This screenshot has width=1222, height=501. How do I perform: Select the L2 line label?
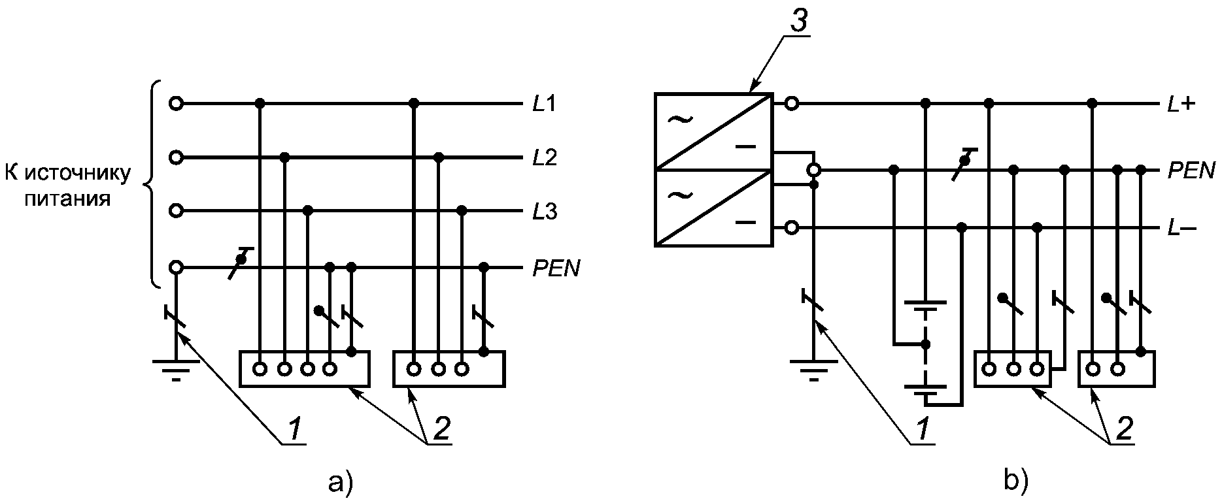tap(544, 158)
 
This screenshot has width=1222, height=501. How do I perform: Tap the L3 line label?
tap(544, 212)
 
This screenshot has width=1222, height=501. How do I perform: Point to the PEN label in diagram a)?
tap(556, 268)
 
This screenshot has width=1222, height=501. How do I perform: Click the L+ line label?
tap(1181, 104)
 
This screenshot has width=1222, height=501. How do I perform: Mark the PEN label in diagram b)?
tap(1191, 171)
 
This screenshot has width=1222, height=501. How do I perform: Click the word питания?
tap(67, 198)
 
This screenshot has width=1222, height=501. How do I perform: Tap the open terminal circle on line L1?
tap(175, 103)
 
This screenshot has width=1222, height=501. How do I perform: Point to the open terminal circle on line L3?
tap(175, 211)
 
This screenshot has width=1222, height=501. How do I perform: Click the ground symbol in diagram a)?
tap(176, 369)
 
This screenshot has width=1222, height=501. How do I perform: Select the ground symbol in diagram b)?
tap(813, 369)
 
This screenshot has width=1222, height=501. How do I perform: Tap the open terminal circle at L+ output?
tap(791, 103)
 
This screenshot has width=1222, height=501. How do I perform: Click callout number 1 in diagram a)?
tap(295, 428)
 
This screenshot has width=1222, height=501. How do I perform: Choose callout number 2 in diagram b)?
tap(1125, 428)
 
